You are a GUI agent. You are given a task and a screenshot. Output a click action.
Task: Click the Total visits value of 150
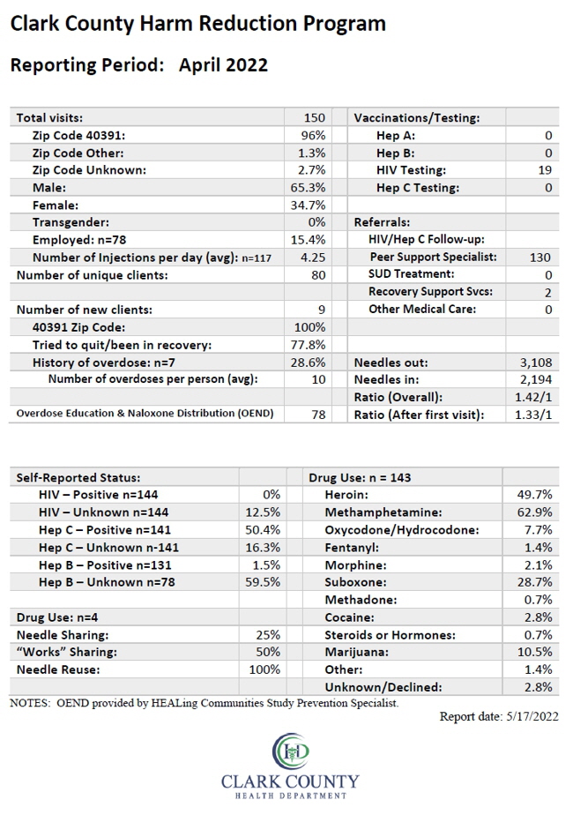(315, 118)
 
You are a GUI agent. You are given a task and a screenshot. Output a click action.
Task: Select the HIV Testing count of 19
(545, 170)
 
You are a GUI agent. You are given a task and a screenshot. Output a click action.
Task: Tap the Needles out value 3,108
(536, 363)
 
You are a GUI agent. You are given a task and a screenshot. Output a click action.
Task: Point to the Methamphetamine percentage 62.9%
(534, 512)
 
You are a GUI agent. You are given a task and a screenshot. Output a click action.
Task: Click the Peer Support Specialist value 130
(540, 258)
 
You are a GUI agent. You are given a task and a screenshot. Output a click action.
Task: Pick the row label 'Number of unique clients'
(92, 275)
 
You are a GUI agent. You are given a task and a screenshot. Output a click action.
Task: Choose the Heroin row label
(346, 494)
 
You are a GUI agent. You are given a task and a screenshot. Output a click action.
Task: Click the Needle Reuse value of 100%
(264, 669)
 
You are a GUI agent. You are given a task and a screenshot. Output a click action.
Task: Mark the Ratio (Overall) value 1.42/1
(533, 397)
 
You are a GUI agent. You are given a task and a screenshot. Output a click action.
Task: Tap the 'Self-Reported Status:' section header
(78, 478)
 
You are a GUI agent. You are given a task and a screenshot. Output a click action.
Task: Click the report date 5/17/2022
(531, 716)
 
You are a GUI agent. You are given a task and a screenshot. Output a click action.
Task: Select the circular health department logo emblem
(291, 751)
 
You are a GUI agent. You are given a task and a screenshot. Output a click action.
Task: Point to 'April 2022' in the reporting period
(223, 65)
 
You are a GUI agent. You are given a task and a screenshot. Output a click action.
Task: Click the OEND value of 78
(318, 415)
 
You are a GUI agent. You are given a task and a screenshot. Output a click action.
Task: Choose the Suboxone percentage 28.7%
(534, 581)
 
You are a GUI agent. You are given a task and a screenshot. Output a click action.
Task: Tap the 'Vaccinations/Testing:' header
(417, 118)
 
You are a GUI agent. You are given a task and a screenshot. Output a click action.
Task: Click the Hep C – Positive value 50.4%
(263, 529)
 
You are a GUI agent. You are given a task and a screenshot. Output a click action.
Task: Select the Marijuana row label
(357, 652)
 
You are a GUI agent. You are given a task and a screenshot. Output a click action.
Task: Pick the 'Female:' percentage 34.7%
(308, 206)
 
